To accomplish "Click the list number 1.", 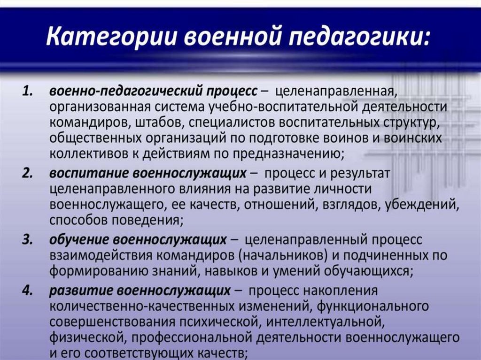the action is pos(28,92).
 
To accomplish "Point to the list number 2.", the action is pos(28,174).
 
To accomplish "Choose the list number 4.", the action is pos(28,291).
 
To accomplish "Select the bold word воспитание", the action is pos(89,174).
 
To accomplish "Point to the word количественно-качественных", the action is pos(181,306).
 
